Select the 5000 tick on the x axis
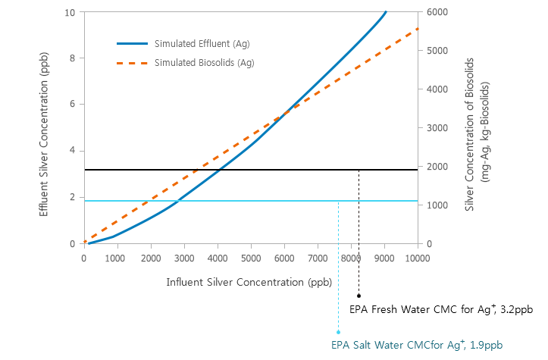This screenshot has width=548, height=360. pyautogui.click(x=251, y=258)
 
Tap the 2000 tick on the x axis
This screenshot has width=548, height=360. pyautogui.click(x=151, y=258)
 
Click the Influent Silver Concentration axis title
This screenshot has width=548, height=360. pyautogui.click(x=239, y=282)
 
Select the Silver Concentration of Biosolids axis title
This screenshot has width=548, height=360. pyautogui.click(x=477, y=133)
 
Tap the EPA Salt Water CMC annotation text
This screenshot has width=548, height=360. pyautogui.click(x=416, y=345)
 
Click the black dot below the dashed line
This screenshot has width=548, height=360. pyautogui.click(x=359, y=296)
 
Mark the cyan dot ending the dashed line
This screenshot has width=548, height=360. pyautogui.click(x=338, y=332)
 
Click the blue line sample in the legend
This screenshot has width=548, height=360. pyautogui.click(x=130, y=43)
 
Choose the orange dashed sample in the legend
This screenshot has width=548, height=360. pyautogui.click(x=130, y=62)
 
